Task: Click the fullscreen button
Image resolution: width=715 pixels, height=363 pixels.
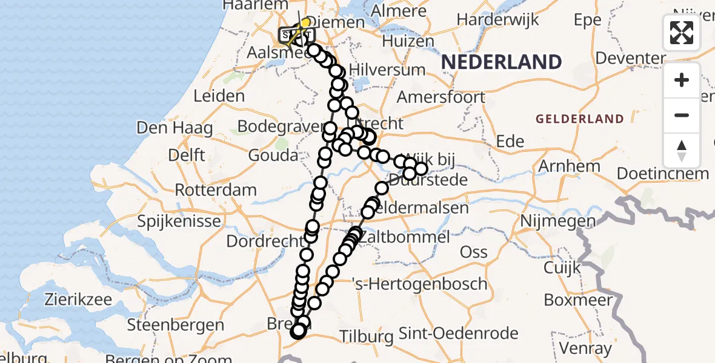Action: [682, 33]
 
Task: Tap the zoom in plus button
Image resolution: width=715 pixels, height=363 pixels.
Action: [682, 80]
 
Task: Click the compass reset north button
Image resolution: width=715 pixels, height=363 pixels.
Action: [682, 151]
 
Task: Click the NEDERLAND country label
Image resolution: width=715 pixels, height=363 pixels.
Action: [501, 62]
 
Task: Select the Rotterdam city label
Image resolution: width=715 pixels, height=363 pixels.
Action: [216, 190]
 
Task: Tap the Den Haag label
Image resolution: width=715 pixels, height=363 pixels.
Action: [175, 128]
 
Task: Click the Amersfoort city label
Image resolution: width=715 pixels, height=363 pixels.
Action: [441, 97]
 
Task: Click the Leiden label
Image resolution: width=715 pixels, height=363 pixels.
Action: [219, 96]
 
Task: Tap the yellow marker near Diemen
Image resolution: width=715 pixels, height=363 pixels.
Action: [305, 23]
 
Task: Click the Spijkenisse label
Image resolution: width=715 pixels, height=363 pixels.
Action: [179, 221]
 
